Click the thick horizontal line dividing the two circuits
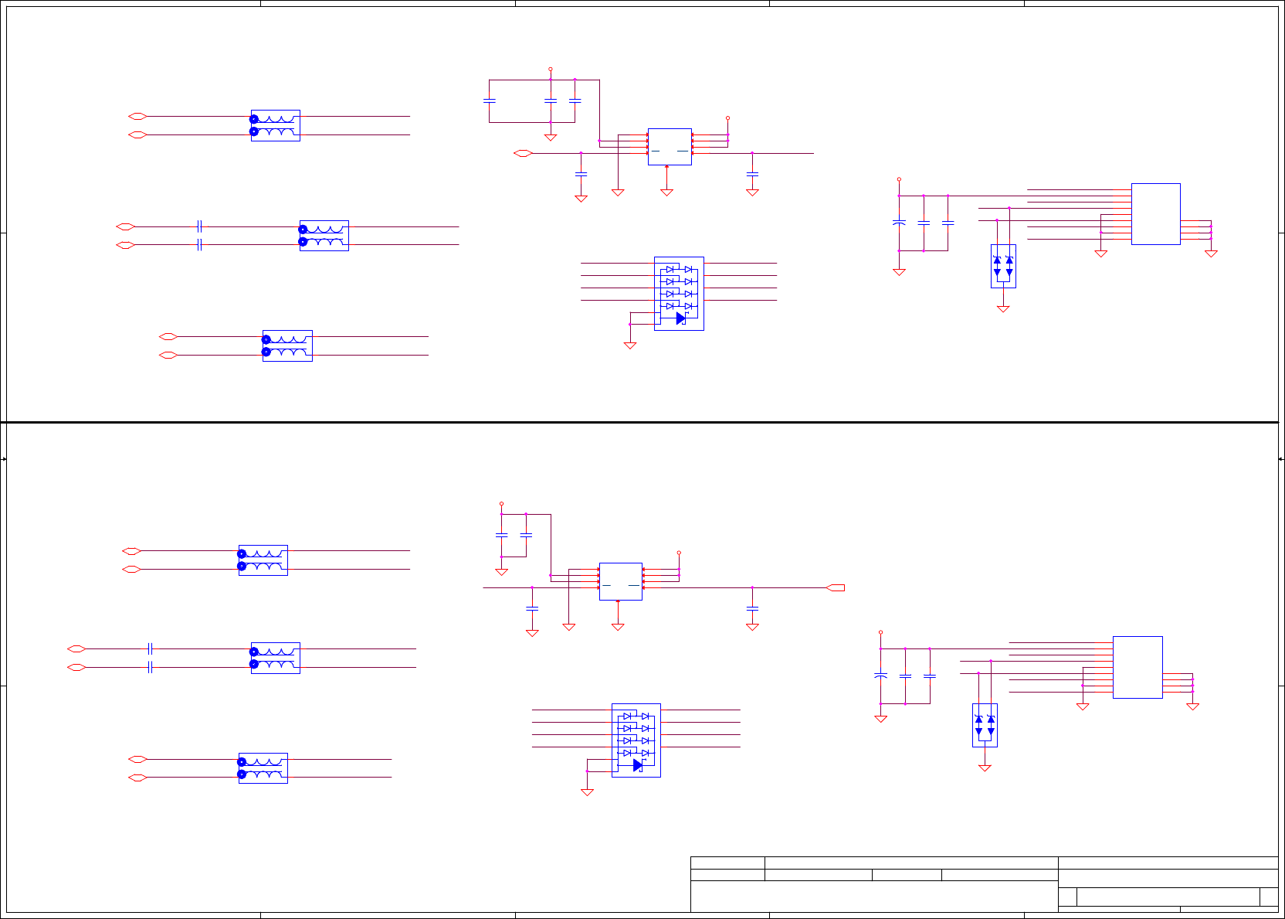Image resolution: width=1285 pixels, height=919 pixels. tap(641, 422)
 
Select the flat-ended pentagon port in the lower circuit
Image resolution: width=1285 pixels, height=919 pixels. tap(836, 588)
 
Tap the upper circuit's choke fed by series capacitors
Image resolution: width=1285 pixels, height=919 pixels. tap(324, 236)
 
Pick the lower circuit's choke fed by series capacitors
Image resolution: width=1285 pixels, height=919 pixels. tap(275, 658)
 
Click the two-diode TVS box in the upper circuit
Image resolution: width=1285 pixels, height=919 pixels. tap(1003, 267)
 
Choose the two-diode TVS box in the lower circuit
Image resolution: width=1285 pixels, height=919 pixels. tap(985, 725)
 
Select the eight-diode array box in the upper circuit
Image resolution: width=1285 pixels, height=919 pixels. tap(679, 294)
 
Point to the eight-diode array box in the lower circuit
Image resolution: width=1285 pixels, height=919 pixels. tap(636, 740)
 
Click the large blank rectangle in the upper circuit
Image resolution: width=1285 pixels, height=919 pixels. tap(1155, 214)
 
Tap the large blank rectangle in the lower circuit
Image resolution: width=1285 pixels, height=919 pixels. tap(1138, 667)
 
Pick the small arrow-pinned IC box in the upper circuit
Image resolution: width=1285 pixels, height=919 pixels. tap(670, 146)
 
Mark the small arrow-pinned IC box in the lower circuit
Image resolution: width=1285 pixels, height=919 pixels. tap(621, 581)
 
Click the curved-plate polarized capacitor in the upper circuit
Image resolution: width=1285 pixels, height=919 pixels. tap(899, 223)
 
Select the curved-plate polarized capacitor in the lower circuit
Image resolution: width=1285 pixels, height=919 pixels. tap(880, 676)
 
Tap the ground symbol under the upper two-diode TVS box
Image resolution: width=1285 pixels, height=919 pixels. tap(1003, 309)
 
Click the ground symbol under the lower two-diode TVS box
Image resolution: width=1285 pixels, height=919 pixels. tap(985, 768)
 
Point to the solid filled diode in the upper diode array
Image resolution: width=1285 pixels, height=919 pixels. tap(680, 318)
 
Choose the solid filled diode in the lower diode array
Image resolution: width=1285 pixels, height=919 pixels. tap(637, 765)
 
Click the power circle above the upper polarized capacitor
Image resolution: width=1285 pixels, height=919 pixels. tap(899, 179)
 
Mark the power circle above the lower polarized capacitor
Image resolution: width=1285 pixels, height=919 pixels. tap(880, 632)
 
